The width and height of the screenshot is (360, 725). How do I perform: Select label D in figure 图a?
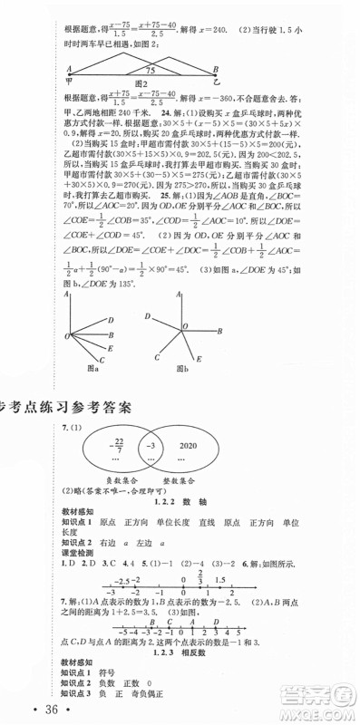110,321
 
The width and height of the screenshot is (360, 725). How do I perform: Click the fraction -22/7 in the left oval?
115,446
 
